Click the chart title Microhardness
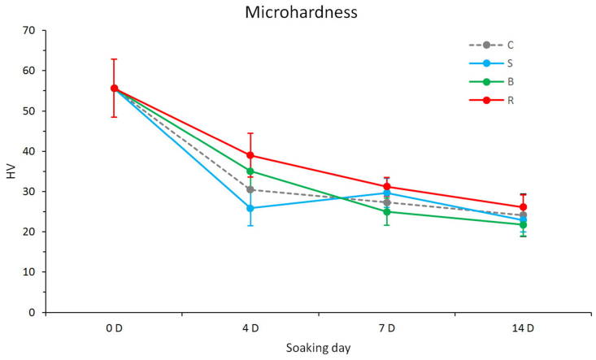[298, 13]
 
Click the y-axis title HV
[11, 171]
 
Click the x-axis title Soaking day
[318, 348]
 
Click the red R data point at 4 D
[250, 155]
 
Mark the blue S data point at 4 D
[250, 208]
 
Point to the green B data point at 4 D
[250, 171]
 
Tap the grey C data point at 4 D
[250, 189]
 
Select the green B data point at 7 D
[386, 212]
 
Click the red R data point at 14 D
[523, 207]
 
